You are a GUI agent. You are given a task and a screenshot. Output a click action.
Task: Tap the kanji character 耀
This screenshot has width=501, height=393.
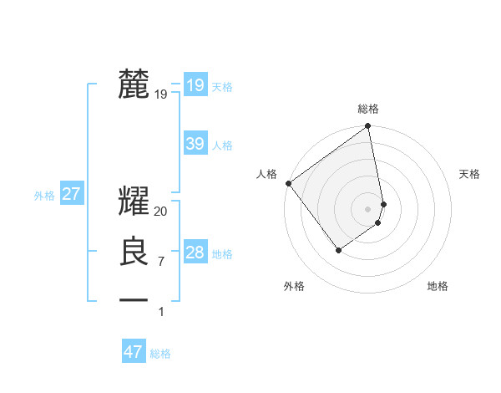pyautogui.click(x=134, y=202)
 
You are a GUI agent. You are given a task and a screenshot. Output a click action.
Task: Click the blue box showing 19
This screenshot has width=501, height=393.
pyautogui.click(x=195, y=85)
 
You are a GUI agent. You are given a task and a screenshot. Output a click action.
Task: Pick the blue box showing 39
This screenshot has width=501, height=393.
pyautogui.click(x=195, y=144)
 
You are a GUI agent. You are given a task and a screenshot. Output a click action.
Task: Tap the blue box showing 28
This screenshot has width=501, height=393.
pyautogui.click(x=195, y=253)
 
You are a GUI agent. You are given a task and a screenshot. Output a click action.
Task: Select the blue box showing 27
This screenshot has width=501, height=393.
pyautogui.click(x=72, y=195)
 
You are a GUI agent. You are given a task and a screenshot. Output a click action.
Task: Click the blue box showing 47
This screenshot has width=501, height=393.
pyautogui.click(x=134, y=352)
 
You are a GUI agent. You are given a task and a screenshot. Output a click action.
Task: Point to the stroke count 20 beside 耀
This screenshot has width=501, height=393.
pyautogui.click(x=161, y=212)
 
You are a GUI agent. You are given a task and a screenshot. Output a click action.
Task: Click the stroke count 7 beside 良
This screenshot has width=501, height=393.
pyautogui.click(x=161, y=262)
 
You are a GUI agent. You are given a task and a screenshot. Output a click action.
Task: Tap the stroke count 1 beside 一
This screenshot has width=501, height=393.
pyautogui.click(x=161, y=312)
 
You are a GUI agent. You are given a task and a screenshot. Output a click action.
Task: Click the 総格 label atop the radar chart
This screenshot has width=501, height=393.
pyautogui.click(x=368, y=110)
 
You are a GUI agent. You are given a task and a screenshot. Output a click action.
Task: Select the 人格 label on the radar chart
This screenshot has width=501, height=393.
pyautogui.click(x=266, y=174)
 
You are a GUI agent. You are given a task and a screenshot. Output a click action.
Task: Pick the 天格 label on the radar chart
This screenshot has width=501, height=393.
pyautogui.click(x=469, y=174)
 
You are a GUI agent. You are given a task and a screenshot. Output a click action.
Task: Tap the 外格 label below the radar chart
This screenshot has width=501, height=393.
pyautogui.click(x=294, y=286)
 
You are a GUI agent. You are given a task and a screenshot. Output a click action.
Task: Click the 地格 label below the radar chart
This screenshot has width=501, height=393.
pyautogui.click(x=438, y=286)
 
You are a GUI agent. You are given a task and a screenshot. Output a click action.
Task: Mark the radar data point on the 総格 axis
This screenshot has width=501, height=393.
pyautogui.click(x=368, y=127)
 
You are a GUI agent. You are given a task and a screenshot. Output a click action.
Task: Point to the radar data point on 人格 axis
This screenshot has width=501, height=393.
pyautogui.click(x=288, y=183)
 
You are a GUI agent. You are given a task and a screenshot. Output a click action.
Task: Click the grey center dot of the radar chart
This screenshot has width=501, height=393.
pyautogui.click(x=368, y=208)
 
